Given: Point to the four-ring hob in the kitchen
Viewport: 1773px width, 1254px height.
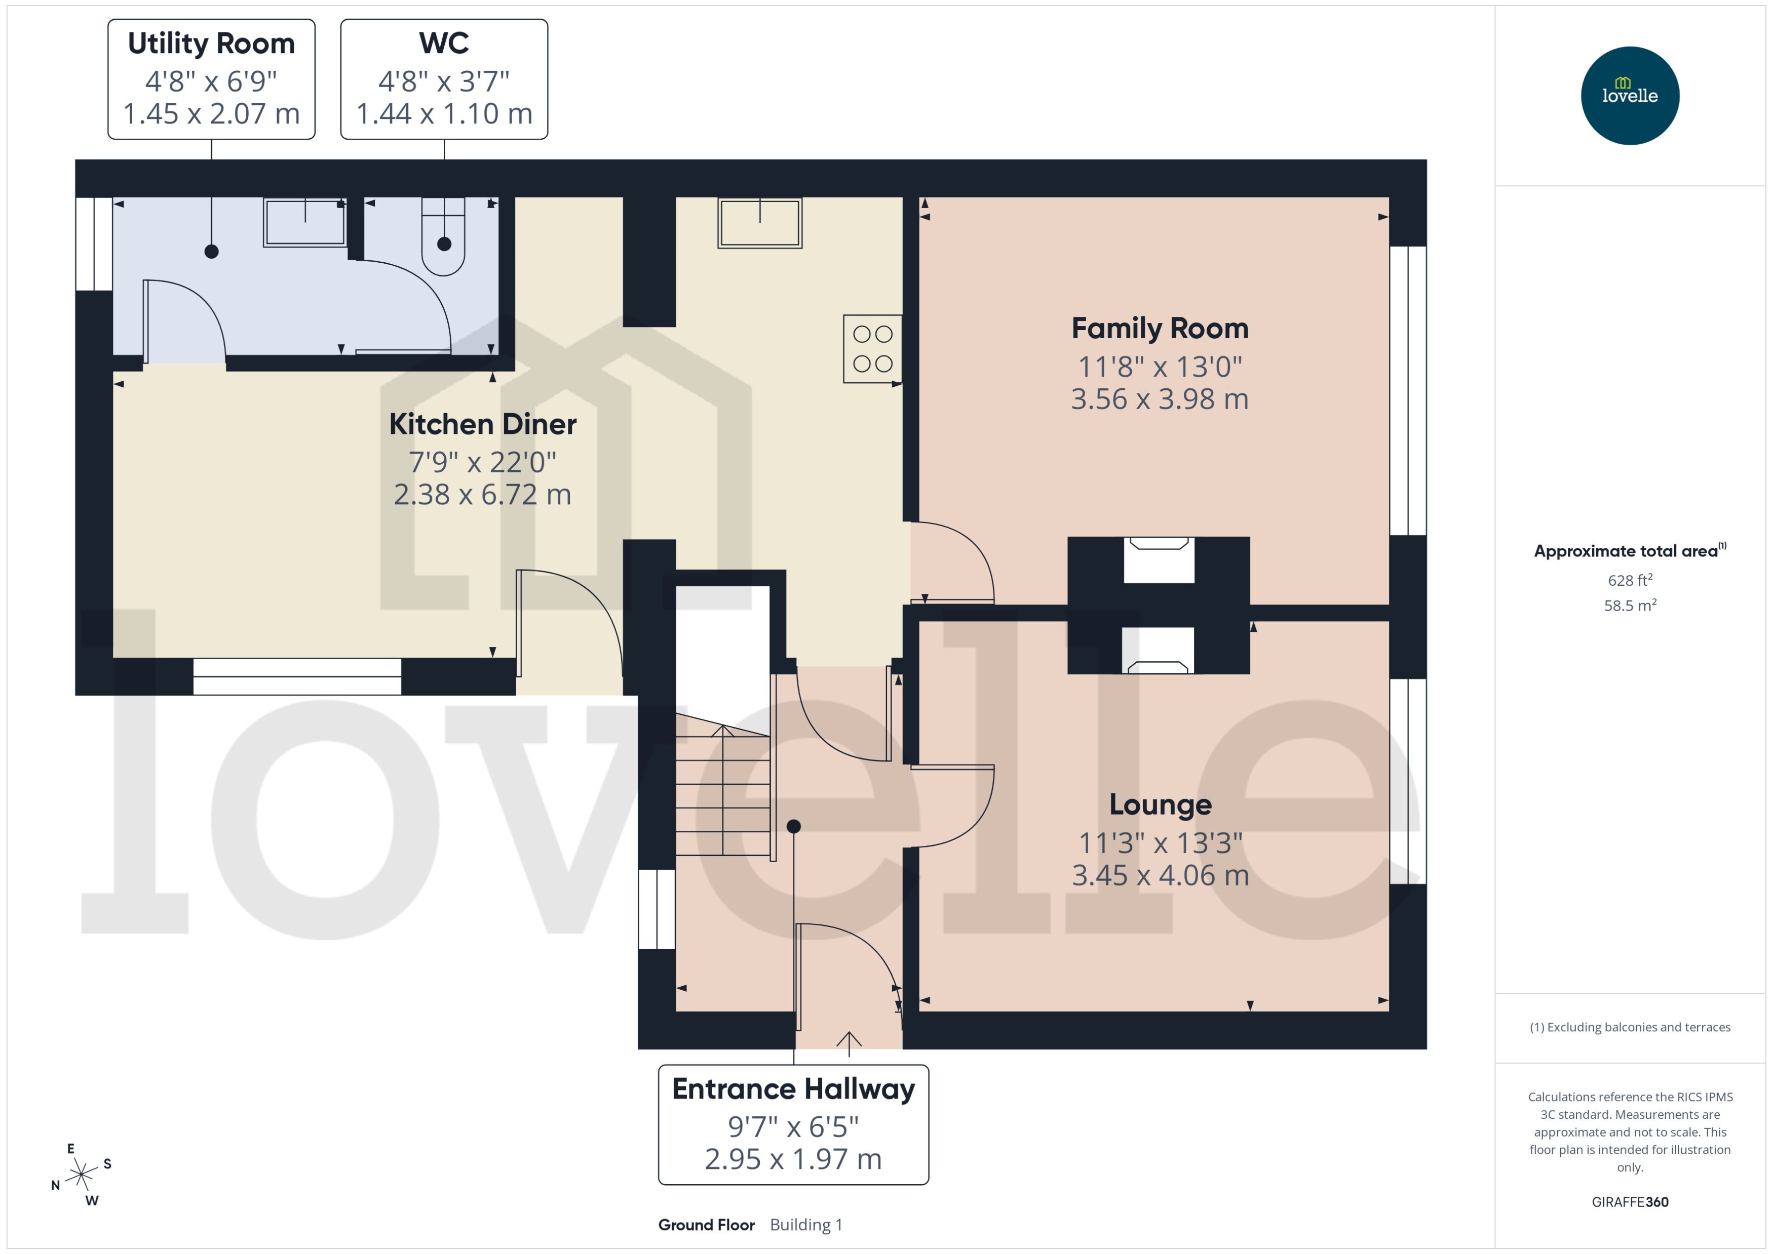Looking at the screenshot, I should [872, 349].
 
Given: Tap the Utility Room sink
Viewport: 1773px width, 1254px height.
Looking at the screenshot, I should [304, 222].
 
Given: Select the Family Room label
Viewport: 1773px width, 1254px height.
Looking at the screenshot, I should [1159, 328].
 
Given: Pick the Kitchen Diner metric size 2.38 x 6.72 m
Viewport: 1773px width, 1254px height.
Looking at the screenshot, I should [482, 494].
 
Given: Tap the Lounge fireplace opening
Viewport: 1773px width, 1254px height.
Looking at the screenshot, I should [1158, 650].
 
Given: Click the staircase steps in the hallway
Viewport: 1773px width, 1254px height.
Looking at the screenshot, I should [722, 795].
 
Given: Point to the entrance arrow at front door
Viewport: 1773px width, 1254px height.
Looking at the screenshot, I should [849, 1042].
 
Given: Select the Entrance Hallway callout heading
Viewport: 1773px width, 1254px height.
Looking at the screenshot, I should [793, 1089].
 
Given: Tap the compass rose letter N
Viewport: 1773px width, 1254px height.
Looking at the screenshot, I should [56, 1185].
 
